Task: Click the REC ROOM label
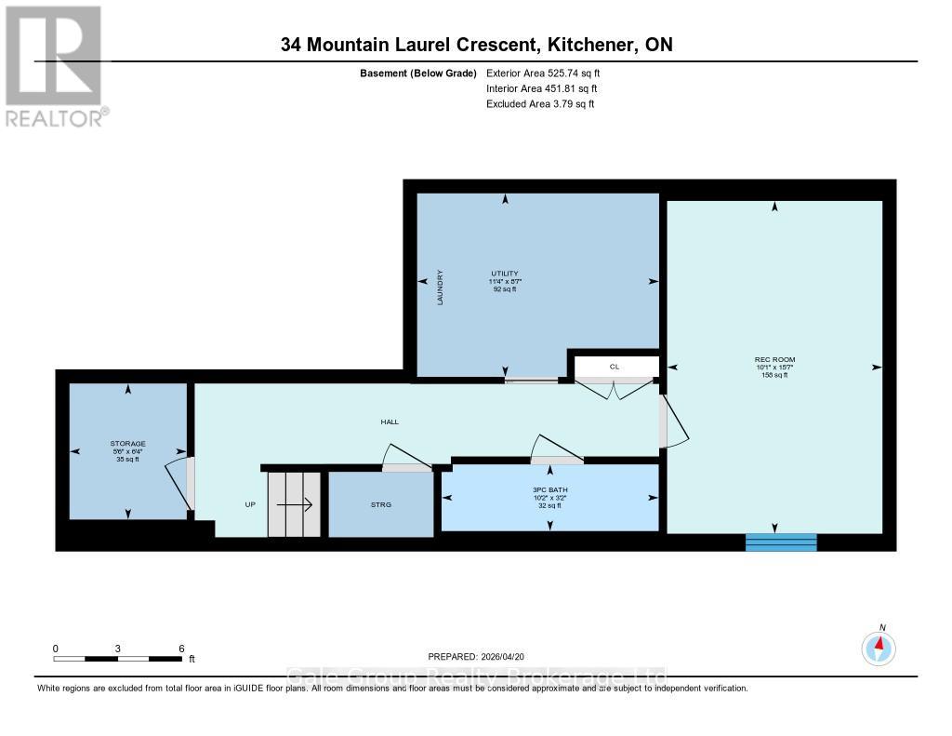pyautogui.click(x=774, y=359)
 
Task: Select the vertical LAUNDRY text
pyautogui.click(x=440, y=288)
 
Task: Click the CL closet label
pyautogui.click(x=614, y=367)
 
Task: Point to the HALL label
pyautogui.click(x=390, y=422)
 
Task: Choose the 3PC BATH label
pyautogui.click(x=549, y=489)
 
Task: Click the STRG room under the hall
pyautogui.click(x=381, y=504)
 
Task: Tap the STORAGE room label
pyautogui.click(x=128, y=444)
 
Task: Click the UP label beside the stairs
pyautogui.click(x=250, y=504)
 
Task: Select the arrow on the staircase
pyautogui.click(x=294, y=504)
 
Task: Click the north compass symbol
pyautogui.click(x=879, y=646)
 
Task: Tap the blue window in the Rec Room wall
pyautogui.click(x=781, y=542)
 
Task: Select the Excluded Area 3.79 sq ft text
pyautogui.click(x=540, y=104)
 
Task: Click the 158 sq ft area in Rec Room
pyautogui.click(x=774, y=375)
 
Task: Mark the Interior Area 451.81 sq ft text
pyautogui.click(x=542, y=88)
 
